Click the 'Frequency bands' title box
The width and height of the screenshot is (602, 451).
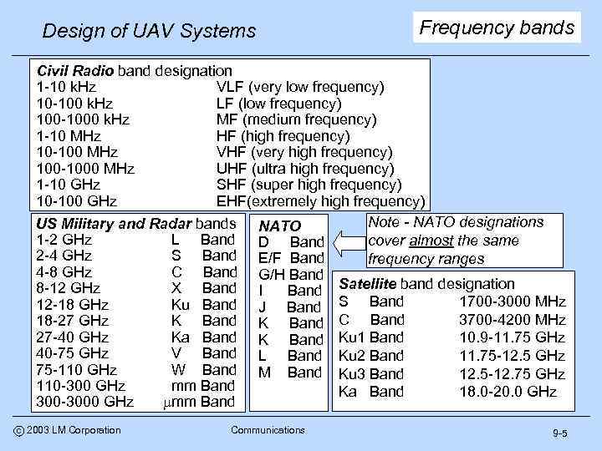(x=497, y=28)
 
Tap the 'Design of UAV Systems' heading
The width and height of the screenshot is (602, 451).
(x=149, y=32)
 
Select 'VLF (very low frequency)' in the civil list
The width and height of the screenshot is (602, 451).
(x=300, y=87)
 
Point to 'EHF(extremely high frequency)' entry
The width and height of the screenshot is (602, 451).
(x=320, y=201)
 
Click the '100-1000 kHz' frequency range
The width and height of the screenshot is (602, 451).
(x=83, y=119)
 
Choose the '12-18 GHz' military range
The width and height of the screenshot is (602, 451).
(x=73, y=304)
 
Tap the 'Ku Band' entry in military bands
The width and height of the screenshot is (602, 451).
(x=204, y=304)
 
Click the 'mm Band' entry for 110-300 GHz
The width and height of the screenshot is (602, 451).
(x=202, y=386)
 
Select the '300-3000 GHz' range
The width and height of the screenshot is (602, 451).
(x=84, y=402)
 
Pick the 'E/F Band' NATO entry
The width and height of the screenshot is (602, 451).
(x=291, y=258)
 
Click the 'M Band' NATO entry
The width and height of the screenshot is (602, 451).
(x=290, y=372)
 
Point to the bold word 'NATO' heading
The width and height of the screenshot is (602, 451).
(x=280, y=226)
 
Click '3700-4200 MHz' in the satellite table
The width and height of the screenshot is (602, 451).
(x=513, y=320)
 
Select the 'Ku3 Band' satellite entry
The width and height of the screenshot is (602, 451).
(x=370, y=373)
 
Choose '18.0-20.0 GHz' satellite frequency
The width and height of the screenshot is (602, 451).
(x=512, y=391)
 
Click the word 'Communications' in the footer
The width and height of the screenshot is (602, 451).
(x=267, y=430)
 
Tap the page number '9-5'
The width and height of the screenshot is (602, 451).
(x=559, y=433)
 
